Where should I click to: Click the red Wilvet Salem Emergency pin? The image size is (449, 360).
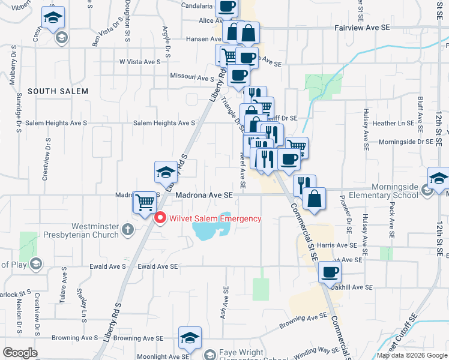160,218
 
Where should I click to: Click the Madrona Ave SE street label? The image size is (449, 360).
203,196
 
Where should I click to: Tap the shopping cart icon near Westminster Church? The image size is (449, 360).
144,202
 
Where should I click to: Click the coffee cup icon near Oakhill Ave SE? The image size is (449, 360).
330,272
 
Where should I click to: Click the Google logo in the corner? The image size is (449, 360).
20,353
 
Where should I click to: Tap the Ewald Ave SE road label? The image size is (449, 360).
158,266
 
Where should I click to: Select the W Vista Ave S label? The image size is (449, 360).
140,62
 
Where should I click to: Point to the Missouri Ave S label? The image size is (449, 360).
192,78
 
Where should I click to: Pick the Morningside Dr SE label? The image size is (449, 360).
405,142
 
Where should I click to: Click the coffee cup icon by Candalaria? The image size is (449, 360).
227,7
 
